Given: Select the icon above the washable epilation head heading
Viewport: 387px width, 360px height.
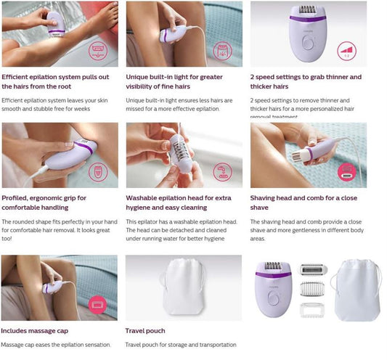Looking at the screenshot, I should click(223, 172).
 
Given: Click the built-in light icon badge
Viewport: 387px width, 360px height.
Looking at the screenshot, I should click(223, 51).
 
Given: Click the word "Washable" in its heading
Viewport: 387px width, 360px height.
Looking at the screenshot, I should click(143, 197).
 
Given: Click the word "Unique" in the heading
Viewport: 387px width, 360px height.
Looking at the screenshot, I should click(140, 76).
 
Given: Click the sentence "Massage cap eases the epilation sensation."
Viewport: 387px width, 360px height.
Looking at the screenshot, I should click(56, 345).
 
